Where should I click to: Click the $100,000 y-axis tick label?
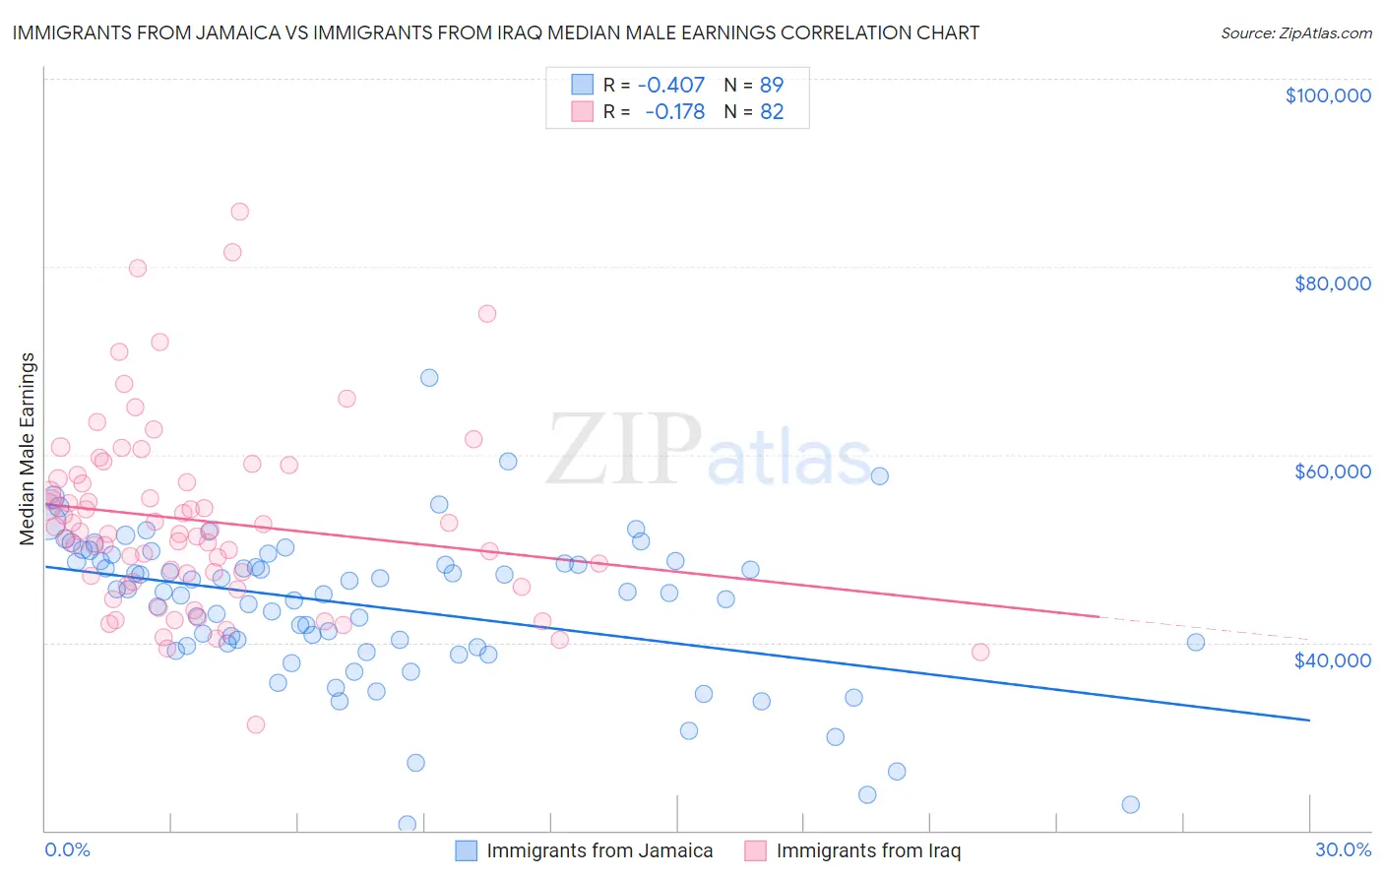pyautogui.click(x=1328, y=95)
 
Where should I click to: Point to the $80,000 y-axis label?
pyautogui.click(x=1332, y=283)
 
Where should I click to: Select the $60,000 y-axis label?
pyautogui.click(x=1332, y=471)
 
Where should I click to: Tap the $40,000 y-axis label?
pyautogui.click(x=1332, y=659)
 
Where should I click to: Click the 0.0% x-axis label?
pyautogui.click(x=67, y=849)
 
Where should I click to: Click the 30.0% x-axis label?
pyautogui.click(x=1343, y=849)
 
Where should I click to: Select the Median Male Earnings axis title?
pyautogui.click(x=28, y=448)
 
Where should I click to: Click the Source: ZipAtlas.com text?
pyautogui.click(x=1295, y=33)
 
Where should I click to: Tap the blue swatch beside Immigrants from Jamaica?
pyautogui.click(x=466, y=850)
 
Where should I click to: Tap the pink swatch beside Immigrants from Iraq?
pyautogui.click(x=755, y=850)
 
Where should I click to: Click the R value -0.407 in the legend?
pyautogui.click(x=671, y=85)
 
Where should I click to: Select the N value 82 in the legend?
pyautogui.click(x=772, y=112)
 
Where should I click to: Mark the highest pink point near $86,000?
pyautogui.click(x=239, y=212)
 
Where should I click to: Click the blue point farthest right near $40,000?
pyautogui.click(x=1196, y=642)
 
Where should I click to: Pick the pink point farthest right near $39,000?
pyautogui.click(x=979, y=652)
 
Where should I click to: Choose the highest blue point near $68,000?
pyautogui.click(x=429, y=377)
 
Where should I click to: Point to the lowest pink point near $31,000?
pyautogui.click(x=256, y=724)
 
